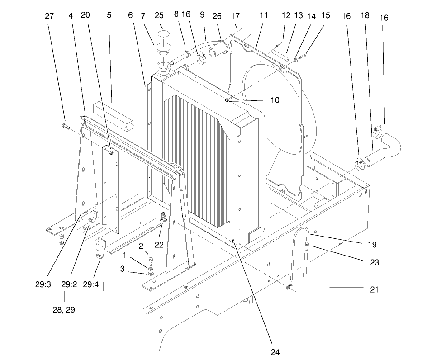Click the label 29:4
[x=93, y=284]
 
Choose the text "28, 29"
[x=64, y=310]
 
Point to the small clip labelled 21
[x=289, y=287]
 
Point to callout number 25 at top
[x=159, y=15]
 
